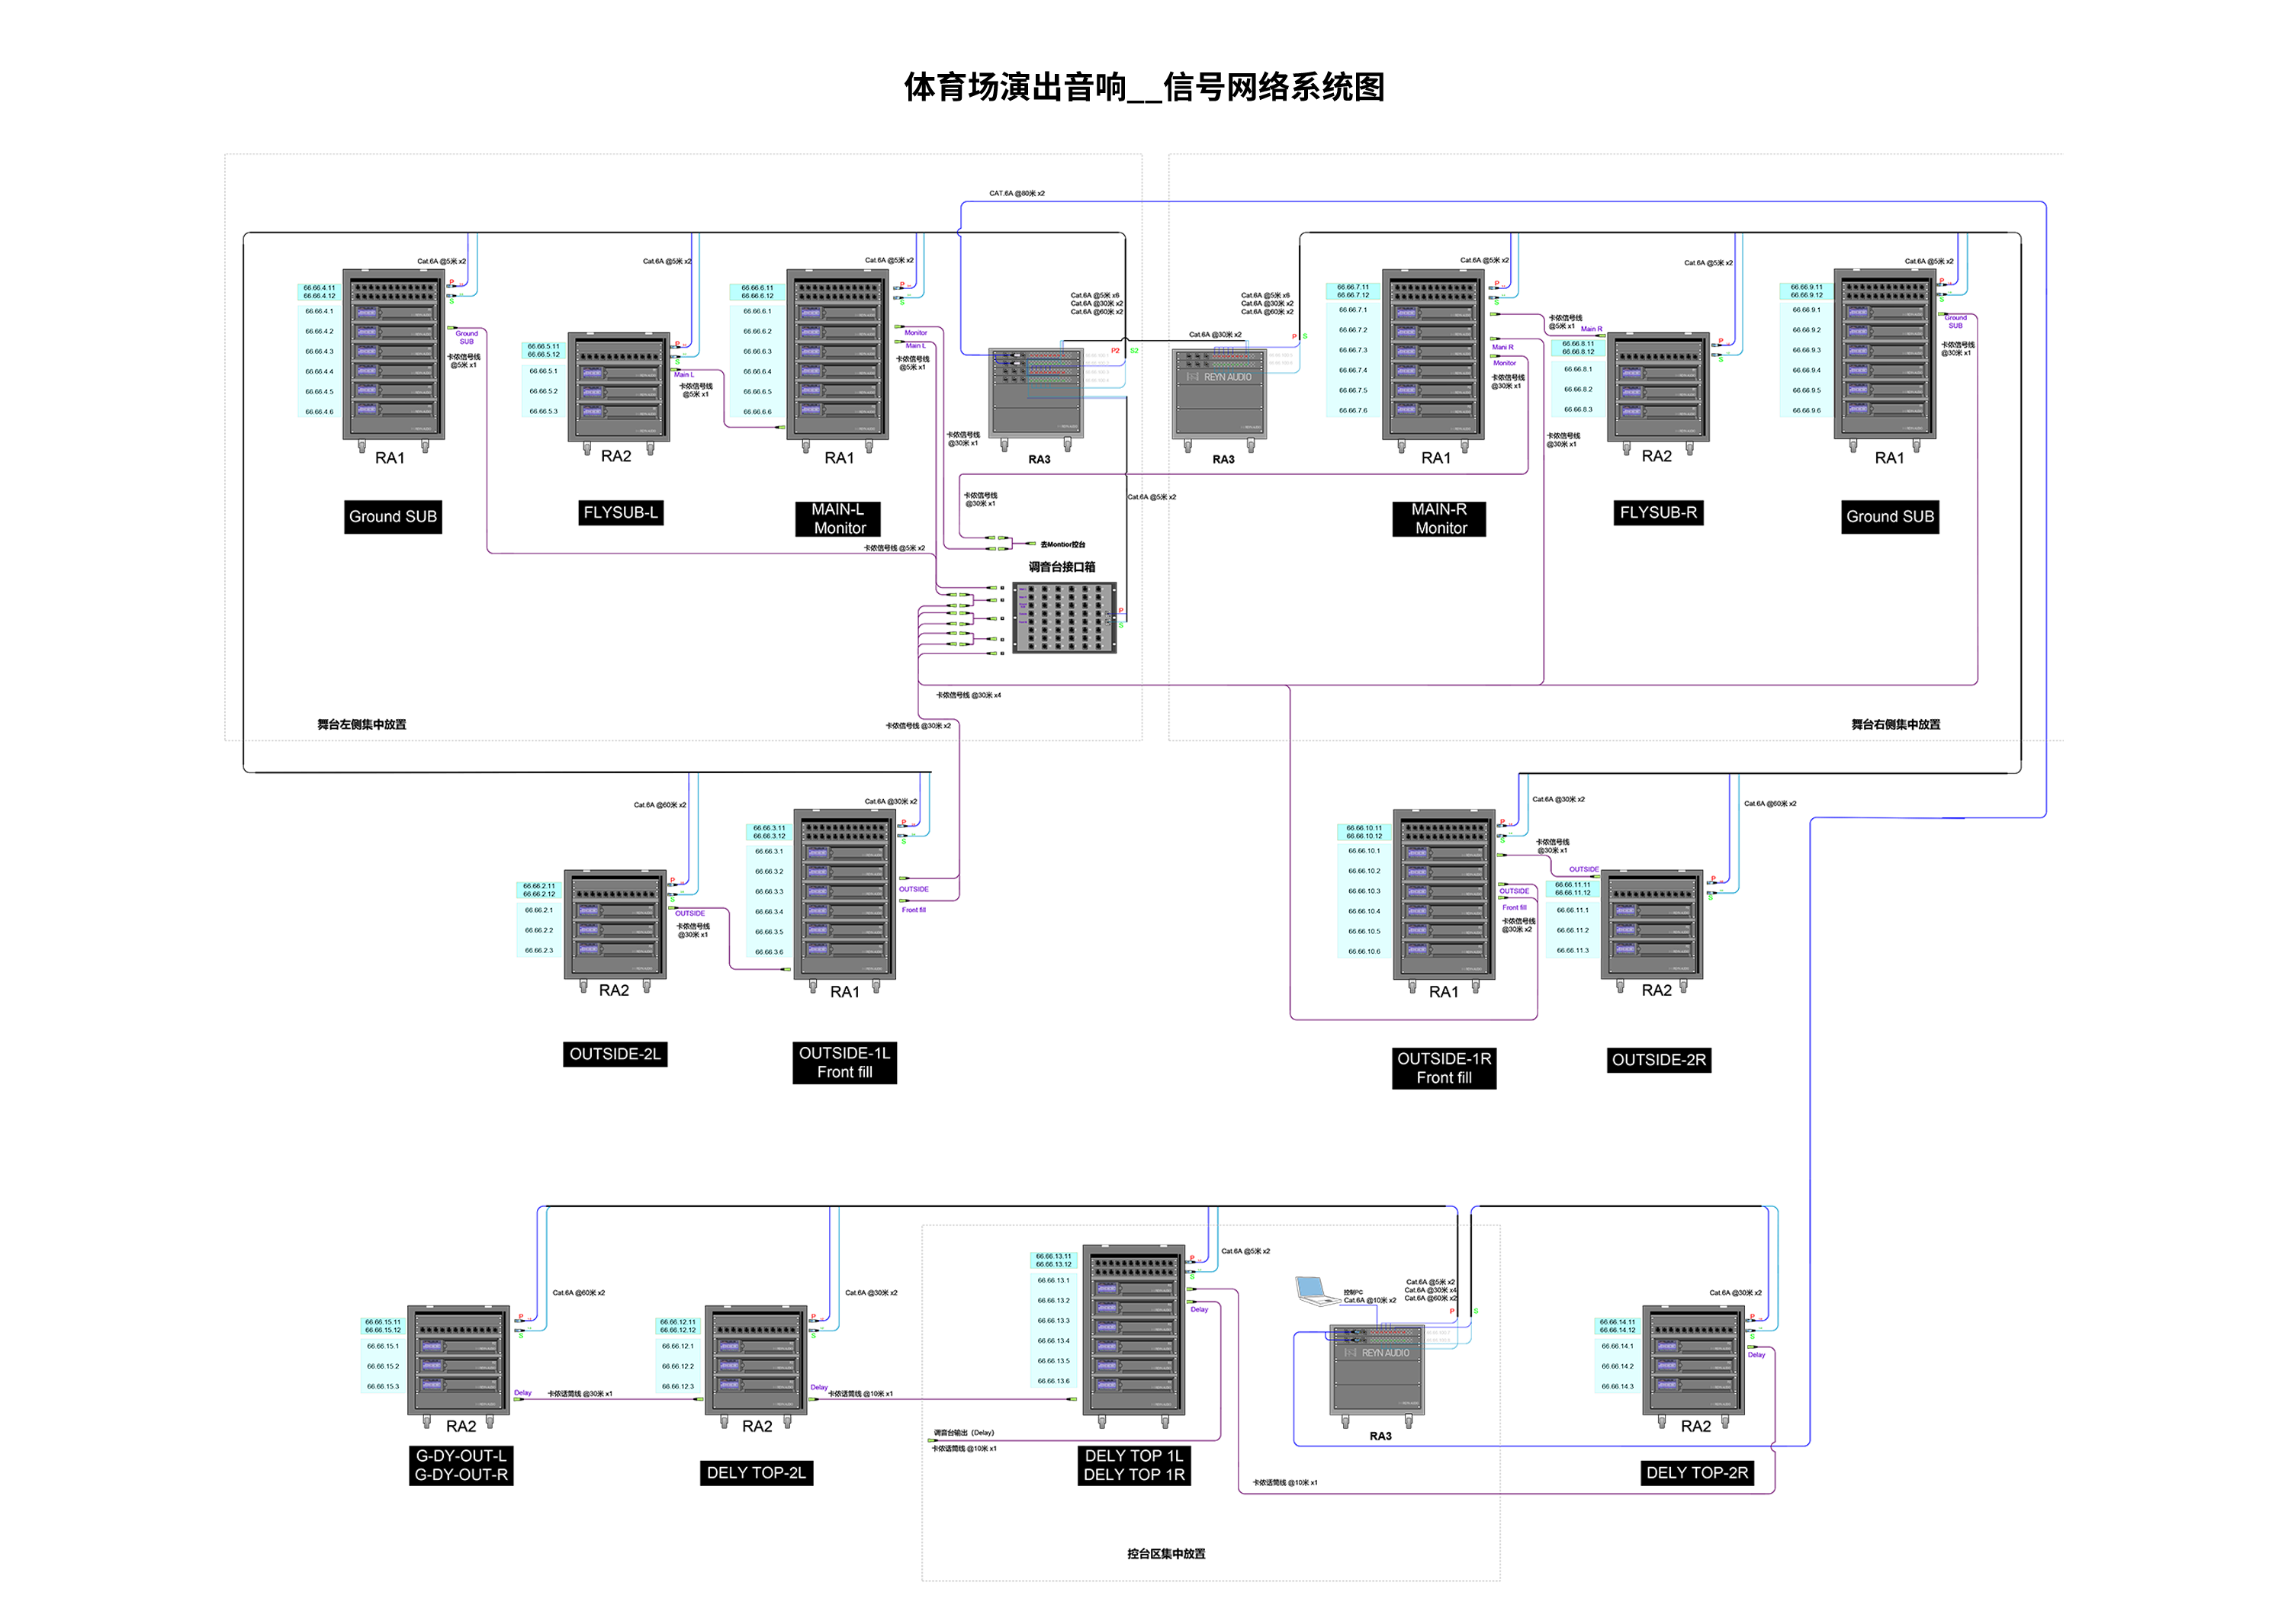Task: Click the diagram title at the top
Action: (x=1143, y=88)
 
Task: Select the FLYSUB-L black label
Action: (x=621, y=513)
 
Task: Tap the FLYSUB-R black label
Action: (x=1657, y=513)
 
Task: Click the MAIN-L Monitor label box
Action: (x=838, y=519)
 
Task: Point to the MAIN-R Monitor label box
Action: (x=1439, y=519)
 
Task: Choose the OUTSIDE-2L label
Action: (x=615, y=1054)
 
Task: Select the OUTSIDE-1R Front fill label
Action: (x=1444, y=1068)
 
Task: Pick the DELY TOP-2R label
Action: (x=1696, y=1472)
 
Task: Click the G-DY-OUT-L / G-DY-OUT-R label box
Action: (x=461, y=1466)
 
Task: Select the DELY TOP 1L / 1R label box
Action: (x=1133, y=1466)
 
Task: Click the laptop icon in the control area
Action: (x=1316, y=1290)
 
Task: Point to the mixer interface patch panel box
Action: (x=1064, y=618)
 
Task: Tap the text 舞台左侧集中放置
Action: (x=362, y=724)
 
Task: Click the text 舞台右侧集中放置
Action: (x=1894, y=724)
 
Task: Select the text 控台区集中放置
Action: (x=1166, y=1553)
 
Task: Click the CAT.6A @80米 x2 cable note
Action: (x=1017, y=193)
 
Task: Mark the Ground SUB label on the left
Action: (x=393, y=516)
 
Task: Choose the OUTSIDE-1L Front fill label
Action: (x=844, y=1063)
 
